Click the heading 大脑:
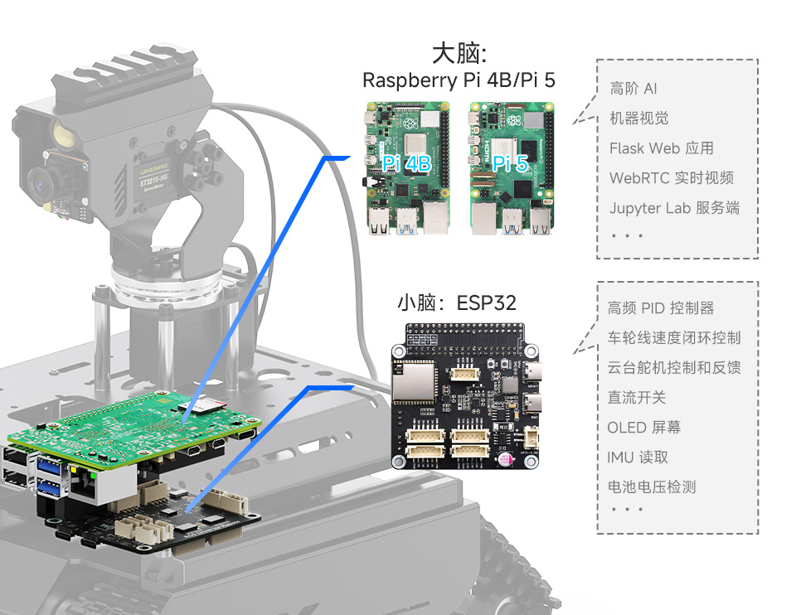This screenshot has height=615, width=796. click(459, 54)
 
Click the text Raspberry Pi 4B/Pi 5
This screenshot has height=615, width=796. click(459, 80)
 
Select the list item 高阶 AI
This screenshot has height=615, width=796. click(633, 89)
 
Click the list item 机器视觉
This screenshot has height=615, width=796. click(638, 119)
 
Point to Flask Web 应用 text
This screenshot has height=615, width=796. click(661, 148)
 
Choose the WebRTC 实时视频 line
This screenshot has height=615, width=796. click(671, 178)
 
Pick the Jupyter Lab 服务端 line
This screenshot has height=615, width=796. click(674, 208)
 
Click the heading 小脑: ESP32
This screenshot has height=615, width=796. click(456, 303)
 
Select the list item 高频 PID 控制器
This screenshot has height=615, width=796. click(660, 308)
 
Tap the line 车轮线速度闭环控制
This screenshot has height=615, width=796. click(673, 338)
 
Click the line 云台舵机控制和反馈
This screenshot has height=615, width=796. click(673, 368)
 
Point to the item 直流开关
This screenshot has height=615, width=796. click(636, 398)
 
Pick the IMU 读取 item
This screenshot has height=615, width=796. click(637, 458)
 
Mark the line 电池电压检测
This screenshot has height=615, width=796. click(651, 487)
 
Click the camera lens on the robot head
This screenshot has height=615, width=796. click(39, 178)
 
